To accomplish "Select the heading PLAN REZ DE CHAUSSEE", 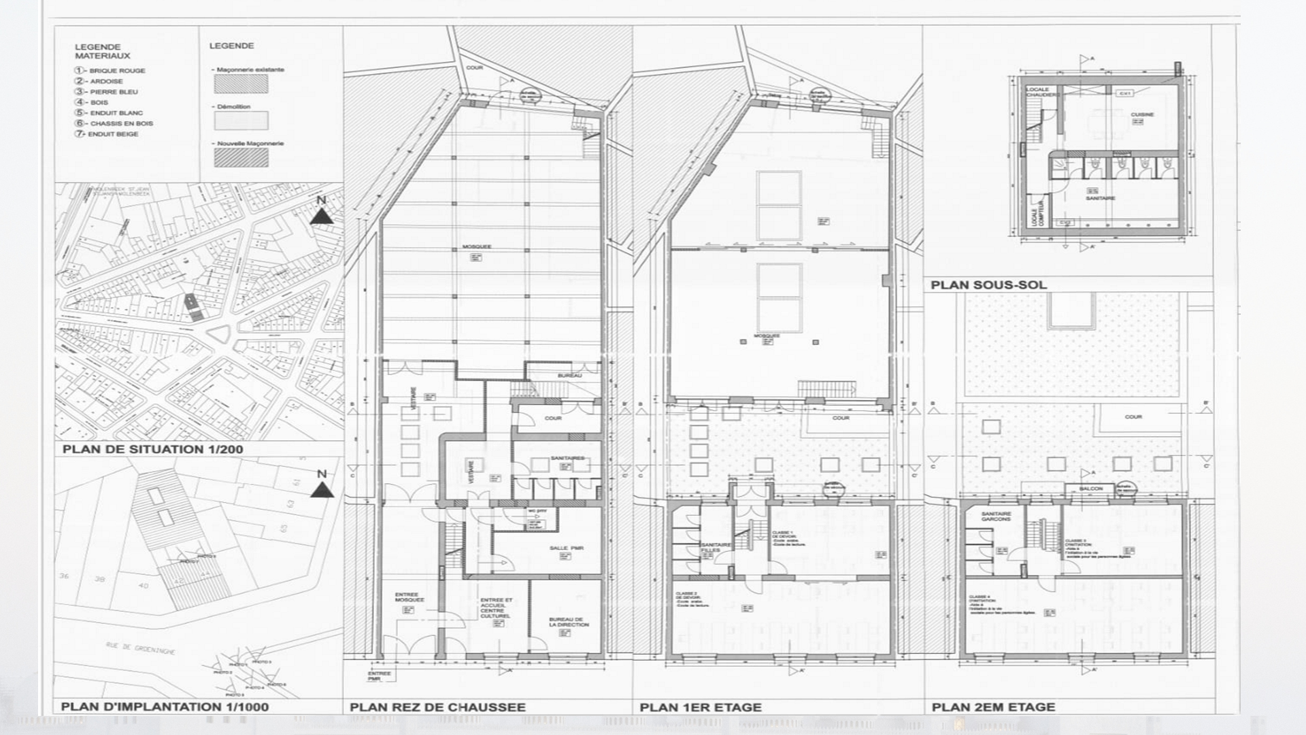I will click(437, 707).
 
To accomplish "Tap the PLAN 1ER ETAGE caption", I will click(700, 707).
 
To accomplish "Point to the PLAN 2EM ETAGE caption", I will click(993, 707).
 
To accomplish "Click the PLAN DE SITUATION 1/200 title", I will click(152, 449).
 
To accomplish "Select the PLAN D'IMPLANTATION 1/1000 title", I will click(165, 706).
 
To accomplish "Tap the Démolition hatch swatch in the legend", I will click(241, 121).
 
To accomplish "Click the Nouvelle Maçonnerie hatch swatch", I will click(241, 158).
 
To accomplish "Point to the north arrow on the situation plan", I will click(322, 212).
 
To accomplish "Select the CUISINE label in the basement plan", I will click(1142, 114).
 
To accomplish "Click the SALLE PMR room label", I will click(566, 548).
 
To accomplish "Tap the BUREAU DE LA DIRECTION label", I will click(569, 622).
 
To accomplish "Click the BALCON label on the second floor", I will click(1090, 489).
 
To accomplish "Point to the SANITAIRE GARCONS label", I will click(996, 517).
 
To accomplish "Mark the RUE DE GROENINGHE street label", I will click(140, 648).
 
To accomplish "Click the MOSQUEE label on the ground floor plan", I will click(476, 247).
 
